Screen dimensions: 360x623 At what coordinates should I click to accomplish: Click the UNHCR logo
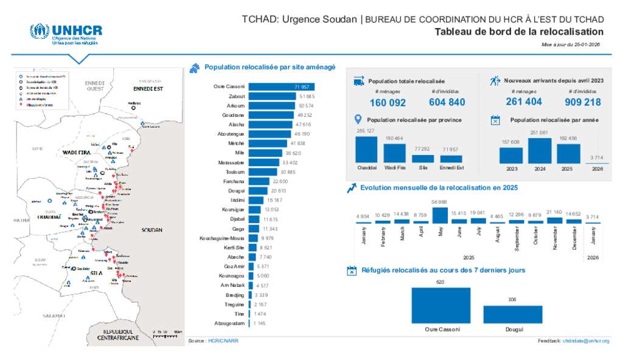pos(66,34)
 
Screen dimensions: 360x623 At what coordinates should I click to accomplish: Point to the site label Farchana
pos(234,181)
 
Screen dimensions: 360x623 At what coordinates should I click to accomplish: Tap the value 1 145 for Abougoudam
pos(260,323)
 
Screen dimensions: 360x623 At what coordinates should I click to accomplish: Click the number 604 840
pos(447,102)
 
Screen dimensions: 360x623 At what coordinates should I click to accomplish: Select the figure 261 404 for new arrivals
pos(524,102)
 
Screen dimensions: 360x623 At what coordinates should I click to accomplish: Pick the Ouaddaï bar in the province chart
pos(366,149)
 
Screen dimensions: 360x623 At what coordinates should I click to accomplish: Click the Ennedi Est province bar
pos(451,159)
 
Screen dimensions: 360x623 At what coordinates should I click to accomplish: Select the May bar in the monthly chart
pos(440,215)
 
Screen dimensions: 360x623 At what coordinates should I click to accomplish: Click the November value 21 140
pos(554,212)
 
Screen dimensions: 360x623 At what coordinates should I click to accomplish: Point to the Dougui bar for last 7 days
pos(512,314)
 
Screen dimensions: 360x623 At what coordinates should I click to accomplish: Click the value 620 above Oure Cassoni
pos(440,282)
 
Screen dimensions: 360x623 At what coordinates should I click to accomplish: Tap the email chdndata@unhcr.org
pos(586,341)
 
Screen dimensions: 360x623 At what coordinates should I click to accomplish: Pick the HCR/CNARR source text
pos(223,341)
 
